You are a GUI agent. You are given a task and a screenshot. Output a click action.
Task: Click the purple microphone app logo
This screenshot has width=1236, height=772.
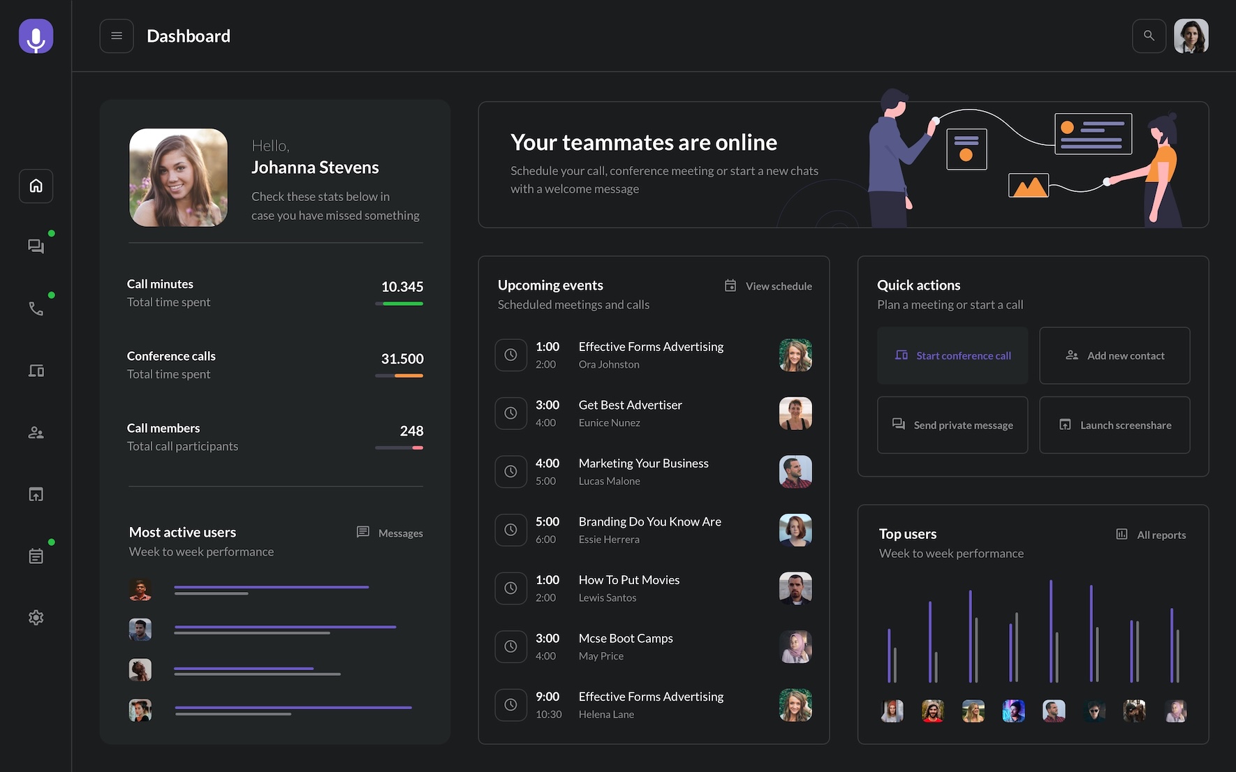pos(36,36)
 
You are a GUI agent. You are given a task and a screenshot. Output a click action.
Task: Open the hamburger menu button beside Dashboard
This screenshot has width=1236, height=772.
pos(117,36)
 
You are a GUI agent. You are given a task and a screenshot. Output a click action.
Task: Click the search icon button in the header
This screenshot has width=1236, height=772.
pos(1149,36)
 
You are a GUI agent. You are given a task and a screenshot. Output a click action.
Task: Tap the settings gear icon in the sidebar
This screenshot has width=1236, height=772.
pos(36,618)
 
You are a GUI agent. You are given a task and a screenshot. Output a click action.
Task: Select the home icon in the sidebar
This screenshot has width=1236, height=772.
pos(36,186)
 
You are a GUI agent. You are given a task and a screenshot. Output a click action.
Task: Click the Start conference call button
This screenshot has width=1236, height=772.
pos(952,355)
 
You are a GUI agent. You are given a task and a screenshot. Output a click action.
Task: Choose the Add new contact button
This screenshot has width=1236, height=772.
pos(1114,355)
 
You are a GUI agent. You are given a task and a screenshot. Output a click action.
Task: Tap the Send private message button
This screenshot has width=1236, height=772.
pos(952,425)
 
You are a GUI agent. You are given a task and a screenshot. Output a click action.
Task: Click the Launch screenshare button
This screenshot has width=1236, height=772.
pos(1114,425)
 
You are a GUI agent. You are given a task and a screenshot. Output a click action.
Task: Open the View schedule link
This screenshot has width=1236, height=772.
pos(768,286)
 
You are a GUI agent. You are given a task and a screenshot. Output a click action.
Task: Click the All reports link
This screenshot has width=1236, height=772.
pos(1152,535)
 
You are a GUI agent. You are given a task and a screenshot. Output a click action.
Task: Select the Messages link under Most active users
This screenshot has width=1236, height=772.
pos(390,533)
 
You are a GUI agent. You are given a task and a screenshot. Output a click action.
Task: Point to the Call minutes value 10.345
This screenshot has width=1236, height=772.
pos(402,287)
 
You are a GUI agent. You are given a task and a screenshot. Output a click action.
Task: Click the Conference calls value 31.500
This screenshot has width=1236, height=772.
pos(402,359)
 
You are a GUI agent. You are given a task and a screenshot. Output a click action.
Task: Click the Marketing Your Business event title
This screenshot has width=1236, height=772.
pos(643,463)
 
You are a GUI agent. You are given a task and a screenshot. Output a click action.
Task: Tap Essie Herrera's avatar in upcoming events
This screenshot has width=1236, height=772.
pos(795,530)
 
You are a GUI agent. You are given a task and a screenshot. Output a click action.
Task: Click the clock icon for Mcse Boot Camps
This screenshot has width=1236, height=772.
pos(510,646)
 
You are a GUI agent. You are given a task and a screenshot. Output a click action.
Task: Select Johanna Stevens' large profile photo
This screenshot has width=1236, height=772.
pos(178,177)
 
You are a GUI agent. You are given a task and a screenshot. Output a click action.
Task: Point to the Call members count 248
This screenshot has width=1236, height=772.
pos(411,431)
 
